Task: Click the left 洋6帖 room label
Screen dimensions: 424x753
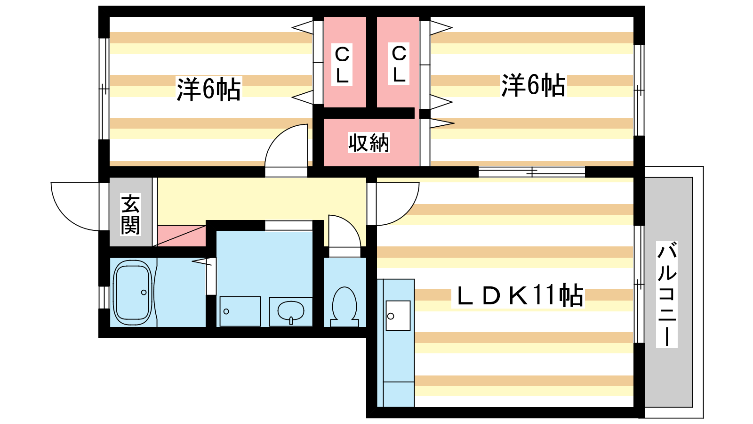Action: coord(208,89)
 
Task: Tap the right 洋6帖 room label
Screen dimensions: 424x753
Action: coord(533,85)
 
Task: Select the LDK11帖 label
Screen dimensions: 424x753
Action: coord(518,296)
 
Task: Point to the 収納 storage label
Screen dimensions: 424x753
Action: coord(369,142)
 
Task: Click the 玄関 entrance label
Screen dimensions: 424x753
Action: coord(130,214)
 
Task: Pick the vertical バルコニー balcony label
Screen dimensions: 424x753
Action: coord(667,294)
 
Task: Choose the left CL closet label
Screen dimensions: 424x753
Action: coord(342,65)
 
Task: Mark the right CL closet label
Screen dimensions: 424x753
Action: coord(399,64)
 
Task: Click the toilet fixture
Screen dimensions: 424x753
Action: coord(344,306)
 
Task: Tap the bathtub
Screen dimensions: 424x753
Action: coord(133,293)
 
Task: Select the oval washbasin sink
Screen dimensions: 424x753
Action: coord(291,311)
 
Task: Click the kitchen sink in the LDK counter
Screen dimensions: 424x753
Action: coord(398,315)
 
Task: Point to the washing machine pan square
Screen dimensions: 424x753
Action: coord(240,311)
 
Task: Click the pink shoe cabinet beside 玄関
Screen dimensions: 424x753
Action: coord(181,236)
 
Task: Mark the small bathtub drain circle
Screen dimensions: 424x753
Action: coord(144,293)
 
